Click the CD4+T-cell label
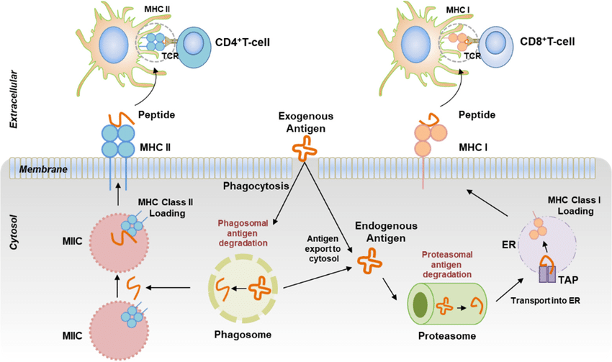(x=244, y=41)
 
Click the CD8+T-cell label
(x=552, y=41)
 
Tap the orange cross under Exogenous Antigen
(x=304, y=150)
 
